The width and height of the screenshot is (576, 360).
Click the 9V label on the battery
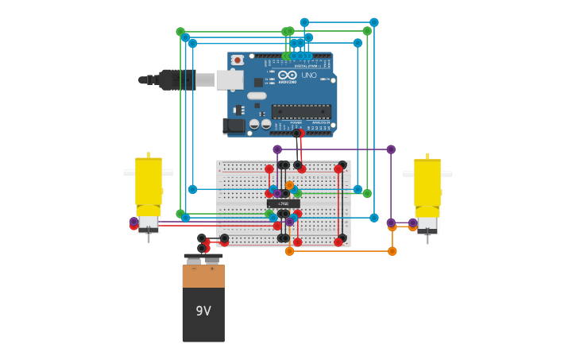click(x=203, y=311)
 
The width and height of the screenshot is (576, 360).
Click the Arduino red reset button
click(x=237, y=60)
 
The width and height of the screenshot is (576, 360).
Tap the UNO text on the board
click(x=309, y=75)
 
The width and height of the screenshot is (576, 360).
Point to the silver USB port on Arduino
click(x=230, y=79)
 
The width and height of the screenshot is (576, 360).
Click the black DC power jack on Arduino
click(x=235, y=126)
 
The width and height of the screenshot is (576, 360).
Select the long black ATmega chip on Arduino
click(x=301, y=111)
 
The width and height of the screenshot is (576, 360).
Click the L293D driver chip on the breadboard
click(x=284, y=203)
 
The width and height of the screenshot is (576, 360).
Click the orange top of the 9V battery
click(x=203, y=276)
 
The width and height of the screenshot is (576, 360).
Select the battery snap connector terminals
click(x=203, y=259)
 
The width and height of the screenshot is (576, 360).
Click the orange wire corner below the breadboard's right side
click(x=392, y=251)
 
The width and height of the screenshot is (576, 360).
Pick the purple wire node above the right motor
click(x=391, y=149)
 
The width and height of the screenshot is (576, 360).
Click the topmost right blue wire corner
click(x=374, y=22)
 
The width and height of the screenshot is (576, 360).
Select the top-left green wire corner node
click(x=180, y=32)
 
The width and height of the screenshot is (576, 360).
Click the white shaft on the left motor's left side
click(x=129, y=172)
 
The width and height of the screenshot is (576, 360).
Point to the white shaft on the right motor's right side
click(x=446, y=173)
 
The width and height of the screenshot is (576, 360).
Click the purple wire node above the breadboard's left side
click(x=277, y=149)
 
